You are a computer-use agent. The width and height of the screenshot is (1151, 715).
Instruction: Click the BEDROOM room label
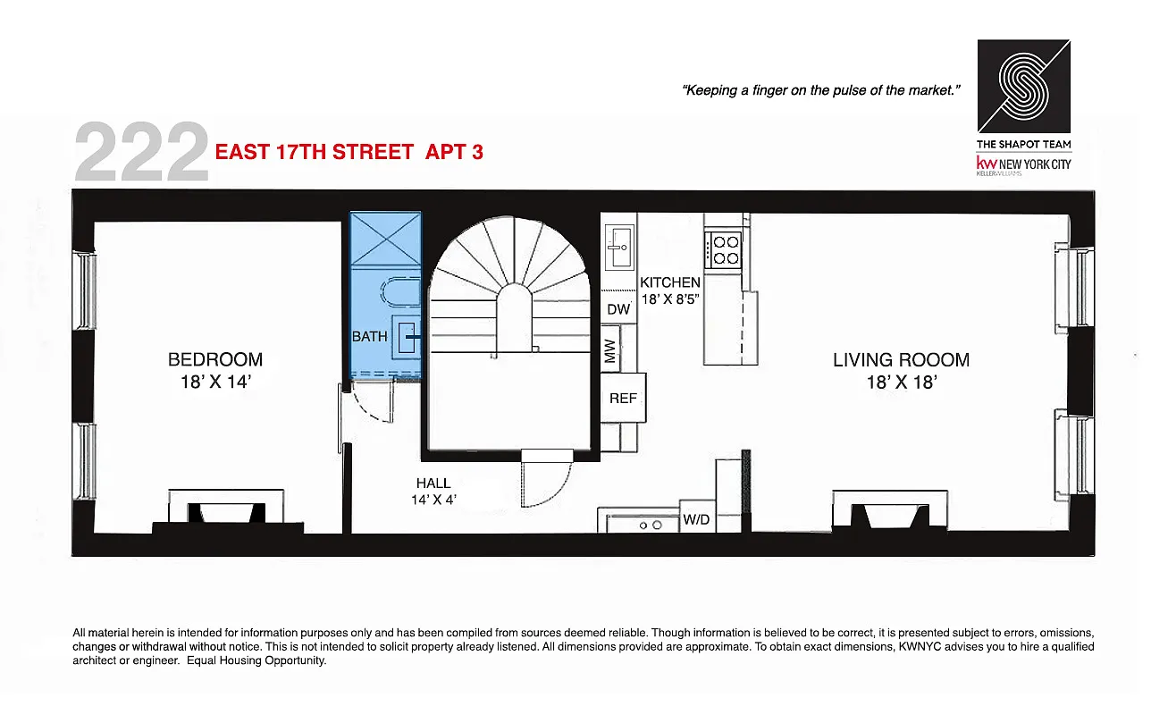pos(215,359)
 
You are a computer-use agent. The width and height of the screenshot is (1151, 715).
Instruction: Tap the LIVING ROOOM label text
pos(901,360)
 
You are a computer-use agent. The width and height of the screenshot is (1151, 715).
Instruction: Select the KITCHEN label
pos(670,282)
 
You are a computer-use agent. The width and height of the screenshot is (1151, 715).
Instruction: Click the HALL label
pos(433,484)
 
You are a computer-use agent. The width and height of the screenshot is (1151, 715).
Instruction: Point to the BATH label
pos(369,337)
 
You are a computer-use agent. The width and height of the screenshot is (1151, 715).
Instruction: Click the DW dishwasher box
pos(618,309)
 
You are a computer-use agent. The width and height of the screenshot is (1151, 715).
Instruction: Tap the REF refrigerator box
pos(623,398)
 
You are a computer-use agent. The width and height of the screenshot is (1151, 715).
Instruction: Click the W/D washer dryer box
pos(696,519)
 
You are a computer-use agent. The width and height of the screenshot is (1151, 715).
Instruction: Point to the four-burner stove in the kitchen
pos(723,249)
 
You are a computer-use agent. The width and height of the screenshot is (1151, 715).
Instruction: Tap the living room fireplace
pos(889,512)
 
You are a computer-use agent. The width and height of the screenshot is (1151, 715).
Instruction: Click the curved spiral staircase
pos(509,277)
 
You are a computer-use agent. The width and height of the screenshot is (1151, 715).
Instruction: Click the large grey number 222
pos(142,154)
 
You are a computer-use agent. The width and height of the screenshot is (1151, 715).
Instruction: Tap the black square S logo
pos(1023,86)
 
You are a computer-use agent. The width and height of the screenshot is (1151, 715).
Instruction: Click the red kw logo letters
pos(987,164)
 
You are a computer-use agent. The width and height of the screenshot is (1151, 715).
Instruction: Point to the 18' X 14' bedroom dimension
pos(215,383)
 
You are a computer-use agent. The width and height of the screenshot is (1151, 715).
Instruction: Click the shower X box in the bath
pos(385,239)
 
